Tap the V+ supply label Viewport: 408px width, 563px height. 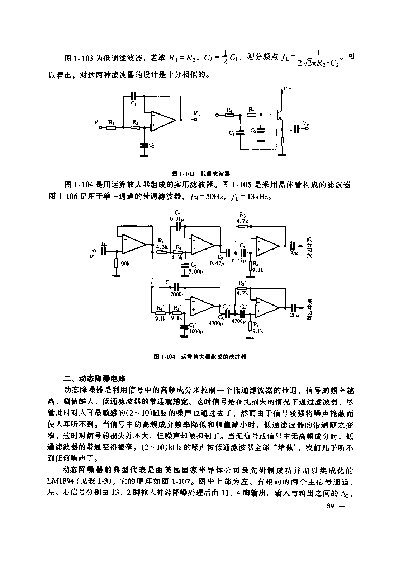pos(286,88)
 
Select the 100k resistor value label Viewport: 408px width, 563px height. pos(124,264)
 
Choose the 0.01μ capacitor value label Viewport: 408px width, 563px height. pos(177,219)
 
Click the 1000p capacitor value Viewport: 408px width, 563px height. pos(196,331)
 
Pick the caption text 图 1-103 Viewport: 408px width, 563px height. pos(183,174)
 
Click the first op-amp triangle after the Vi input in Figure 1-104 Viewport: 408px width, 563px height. pos(133,244)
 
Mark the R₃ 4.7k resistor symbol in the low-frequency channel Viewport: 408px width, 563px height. pos(243,227)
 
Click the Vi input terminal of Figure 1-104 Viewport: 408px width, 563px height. pos(95,251)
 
